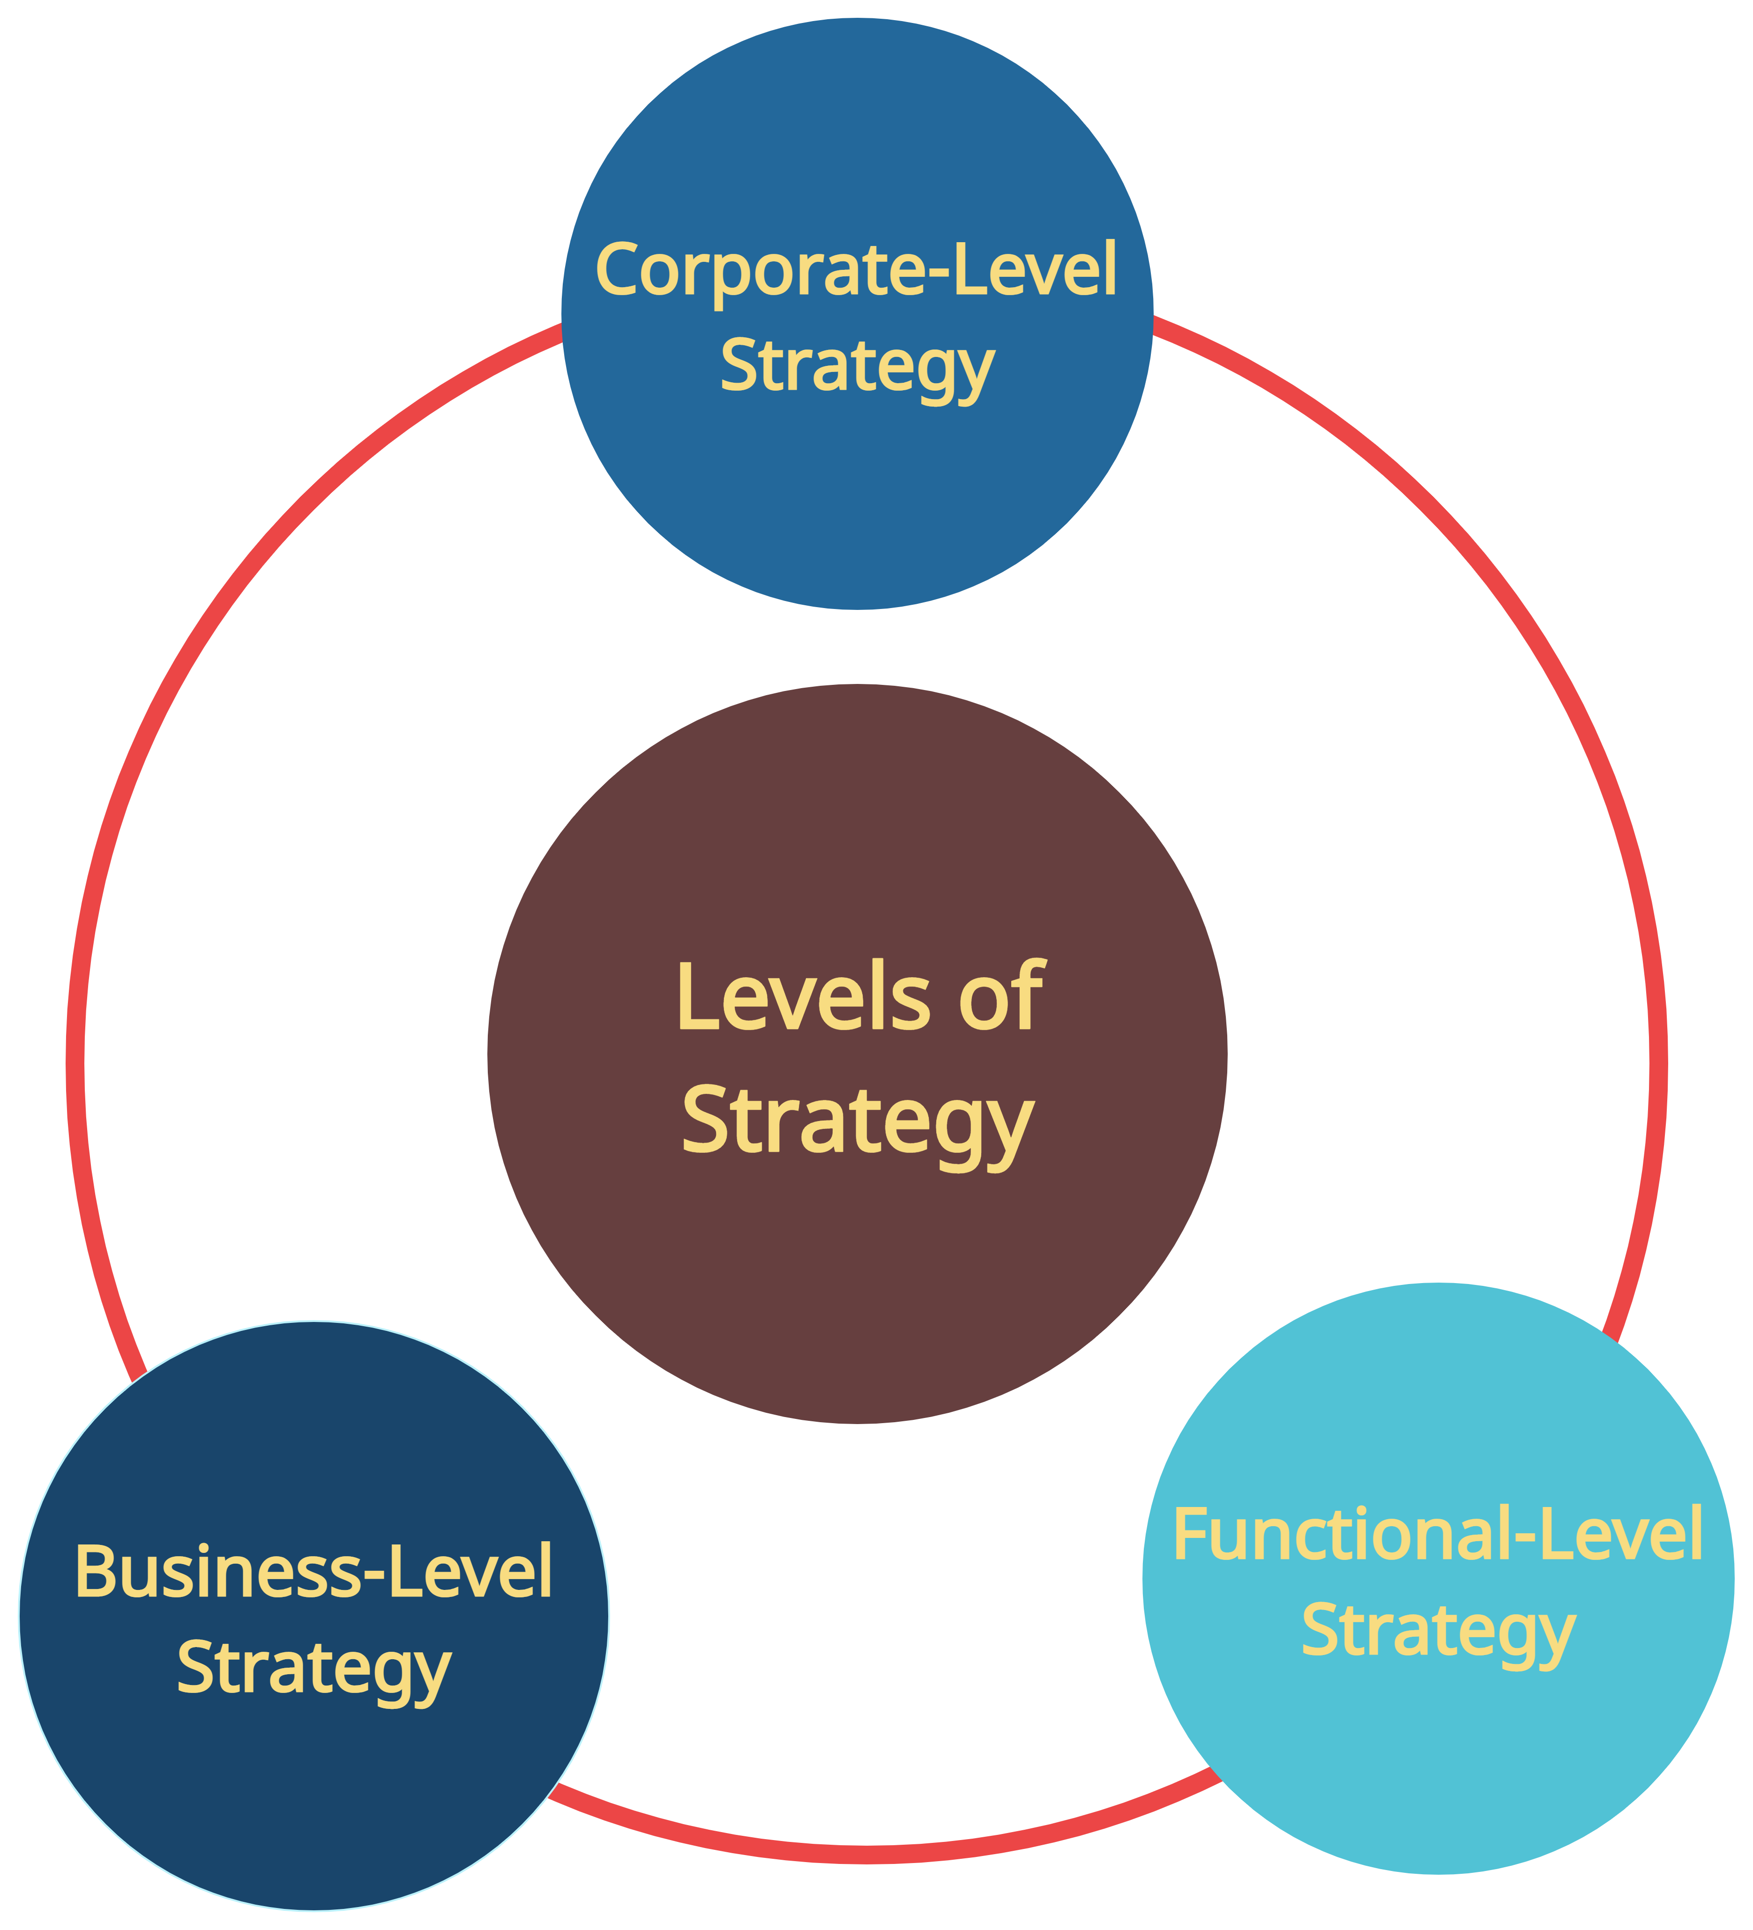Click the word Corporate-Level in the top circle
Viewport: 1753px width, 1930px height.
[856, 271]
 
